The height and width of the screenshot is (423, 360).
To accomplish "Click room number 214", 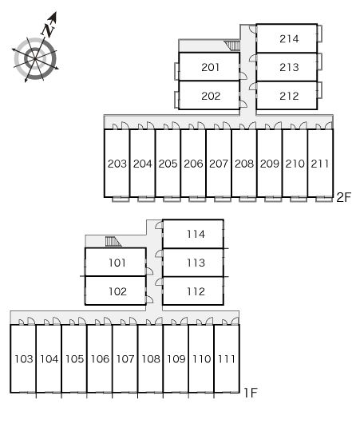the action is click(x=289, y=39).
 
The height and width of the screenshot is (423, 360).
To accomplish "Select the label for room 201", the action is click(x=210, y=67).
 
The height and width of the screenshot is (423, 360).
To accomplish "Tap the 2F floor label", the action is click(x=343, y=197).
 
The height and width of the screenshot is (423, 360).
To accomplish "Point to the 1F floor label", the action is click(x=250, y=393).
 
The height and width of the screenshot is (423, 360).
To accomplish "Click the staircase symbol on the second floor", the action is click(x=232, y=45).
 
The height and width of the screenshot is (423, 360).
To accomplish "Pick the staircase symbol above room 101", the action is click(x=113, y=242).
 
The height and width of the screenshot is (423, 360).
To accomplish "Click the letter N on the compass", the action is click(x=48, y=30).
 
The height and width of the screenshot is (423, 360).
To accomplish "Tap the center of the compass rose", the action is click(x=35, y=58).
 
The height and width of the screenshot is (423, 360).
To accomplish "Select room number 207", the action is click(x=219, y=164).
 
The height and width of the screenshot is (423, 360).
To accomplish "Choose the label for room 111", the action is click(x=227, y=359).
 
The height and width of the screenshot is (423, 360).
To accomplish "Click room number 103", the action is click(x=23, y=359).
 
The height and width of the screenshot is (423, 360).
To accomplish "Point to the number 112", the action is click(x=196, y=291).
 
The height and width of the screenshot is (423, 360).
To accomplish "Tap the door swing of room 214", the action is click(x=252, y=29).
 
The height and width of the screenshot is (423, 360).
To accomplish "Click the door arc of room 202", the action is click(x=243, y=104).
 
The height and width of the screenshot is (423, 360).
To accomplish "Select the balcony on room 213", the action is click(x=319, y=61).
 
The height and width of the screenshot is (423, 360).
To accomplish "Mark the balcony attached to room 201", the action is click(x=176, y=71).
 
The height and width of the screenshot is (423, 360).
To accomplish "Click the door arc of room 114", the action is click(x=159, y=225).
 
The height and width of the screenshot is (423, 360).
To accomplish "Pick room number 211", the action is click(x=320, y=164).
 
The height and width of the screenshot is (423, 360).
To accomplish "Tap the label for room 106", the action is click(x=100, y=359).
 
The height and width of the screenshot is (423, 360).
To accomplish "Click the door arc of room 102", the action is click(x=149, y=299).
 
